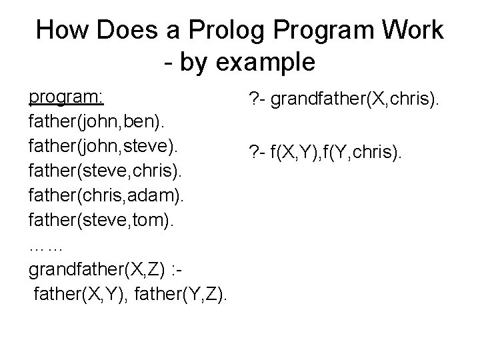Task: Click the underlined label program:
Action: click(x=66, y=97)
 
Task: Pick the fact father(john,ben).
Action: click(x=98, y=123)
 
